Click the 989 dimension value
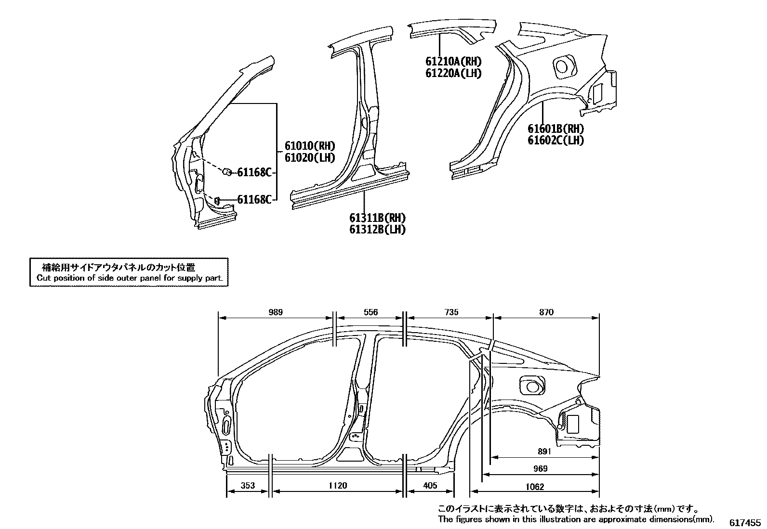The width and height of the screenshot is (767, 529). click(275, 312)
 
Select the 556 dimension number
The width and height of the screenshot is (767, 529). click(370, 312)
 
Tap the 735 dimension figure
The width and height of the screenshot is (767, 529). click(450, 312)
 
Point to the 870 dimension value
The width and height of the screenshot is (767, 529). click(546, 312)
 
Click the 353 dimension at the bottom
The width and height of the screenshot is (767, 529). click(247, 486)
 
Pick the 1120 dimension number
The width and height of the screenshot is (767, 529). click(337, 486)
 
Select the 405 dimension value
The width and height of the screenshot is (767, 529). click(429, 486)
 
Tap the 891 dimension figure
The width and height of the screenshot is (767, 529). click(544, 452)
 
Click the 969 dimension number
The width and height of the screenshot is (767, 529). click(541, 469)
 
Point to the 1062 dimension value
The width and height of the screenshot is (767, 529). click(534, 487)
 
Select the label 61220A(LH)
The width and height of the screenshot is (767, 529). click(453, 73)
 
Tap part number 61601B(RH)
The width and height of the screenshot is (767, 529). click(555, 129)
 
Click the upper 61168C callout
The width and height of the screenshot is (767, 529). click(254, 172)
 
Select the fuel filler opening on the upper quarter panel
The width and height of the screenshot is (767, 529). click(563, 67)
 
